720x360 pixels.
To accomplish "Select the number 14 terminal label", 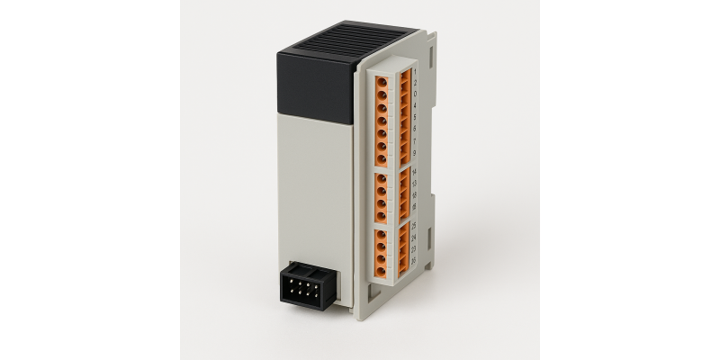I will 414,172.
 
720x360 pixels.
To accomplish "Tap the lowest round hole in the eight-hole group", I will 382,158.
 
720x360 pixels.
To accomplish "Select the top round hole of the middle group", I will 382,180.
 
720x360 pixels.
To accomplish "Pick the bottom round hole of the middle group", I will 382,214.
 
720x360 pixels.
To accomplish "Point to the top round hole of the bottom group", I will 382,236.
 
